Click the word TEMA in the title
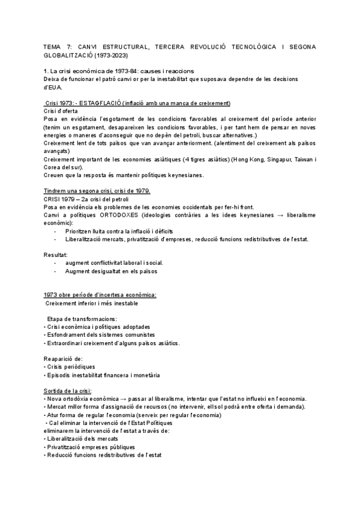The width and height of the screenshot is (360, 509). [x=53, y=46]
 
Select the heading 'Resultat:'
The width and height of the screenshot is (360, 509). [x=56, y=254]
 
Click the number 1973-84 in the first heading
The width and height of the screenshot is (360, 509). [x=104, y=71]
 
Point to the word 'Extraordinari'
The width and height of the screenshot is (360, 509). [x=65, y=343]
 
